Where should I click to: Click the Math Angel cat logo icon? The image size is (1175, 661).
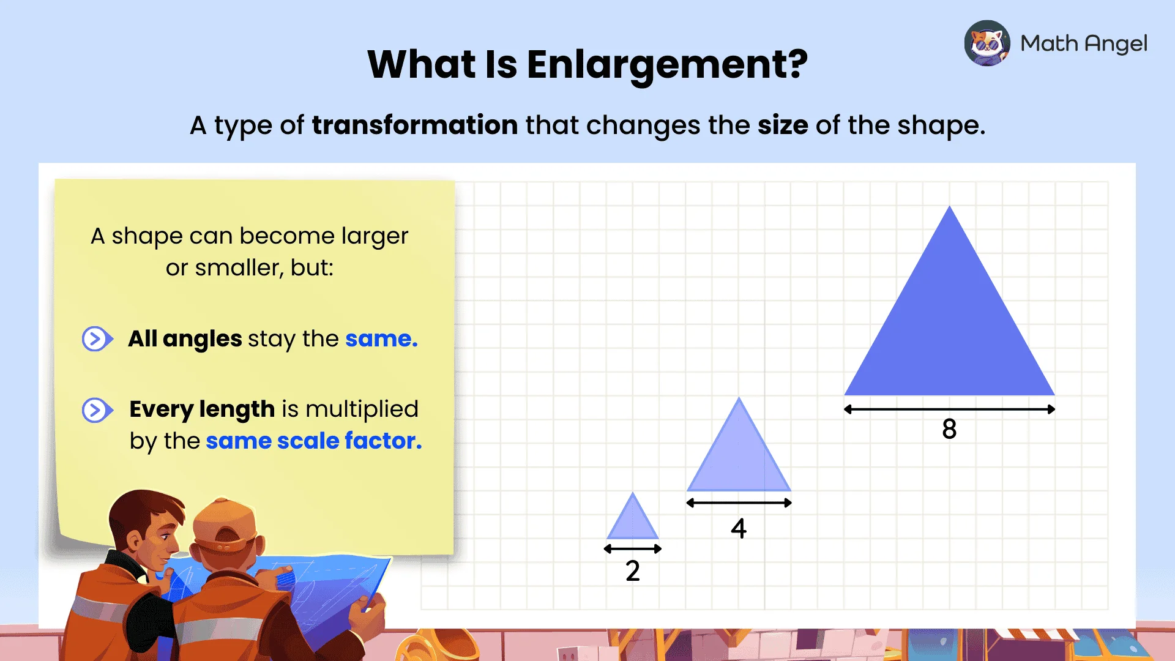[987, 43]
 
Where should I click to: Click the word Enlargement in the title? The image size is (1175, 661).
[667, 65]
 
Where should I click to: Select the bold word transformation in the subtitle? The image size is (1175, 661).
[415, 125]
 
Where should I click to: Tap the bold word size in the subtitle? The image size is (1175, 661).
[783, 125]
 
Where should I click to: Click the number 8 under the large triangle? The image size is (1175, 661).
[949, 429]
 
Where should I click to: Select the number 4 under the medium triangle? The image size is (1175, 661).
[739, 528]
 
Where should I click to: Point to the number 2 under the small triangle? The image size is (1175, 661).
[633, 571]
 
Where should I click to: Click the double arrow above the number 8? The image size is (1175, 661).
[949, 409]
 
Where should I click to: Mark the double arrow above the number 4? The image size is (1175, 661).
[739, 503]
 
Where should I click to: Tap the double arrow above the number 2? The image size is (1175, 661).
[633, 549]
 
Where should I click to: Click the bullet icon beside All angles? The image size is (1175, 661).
[97, 338]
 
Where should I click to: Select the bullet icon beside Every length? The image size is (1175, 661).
[97, 410]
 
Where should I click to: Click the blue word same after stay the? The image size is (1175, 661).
[381, 338]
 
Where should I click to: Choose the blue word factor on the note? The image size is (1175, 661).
[382, 441]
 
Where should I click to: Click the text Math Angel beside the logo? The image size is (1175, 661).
[1084, 43]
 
